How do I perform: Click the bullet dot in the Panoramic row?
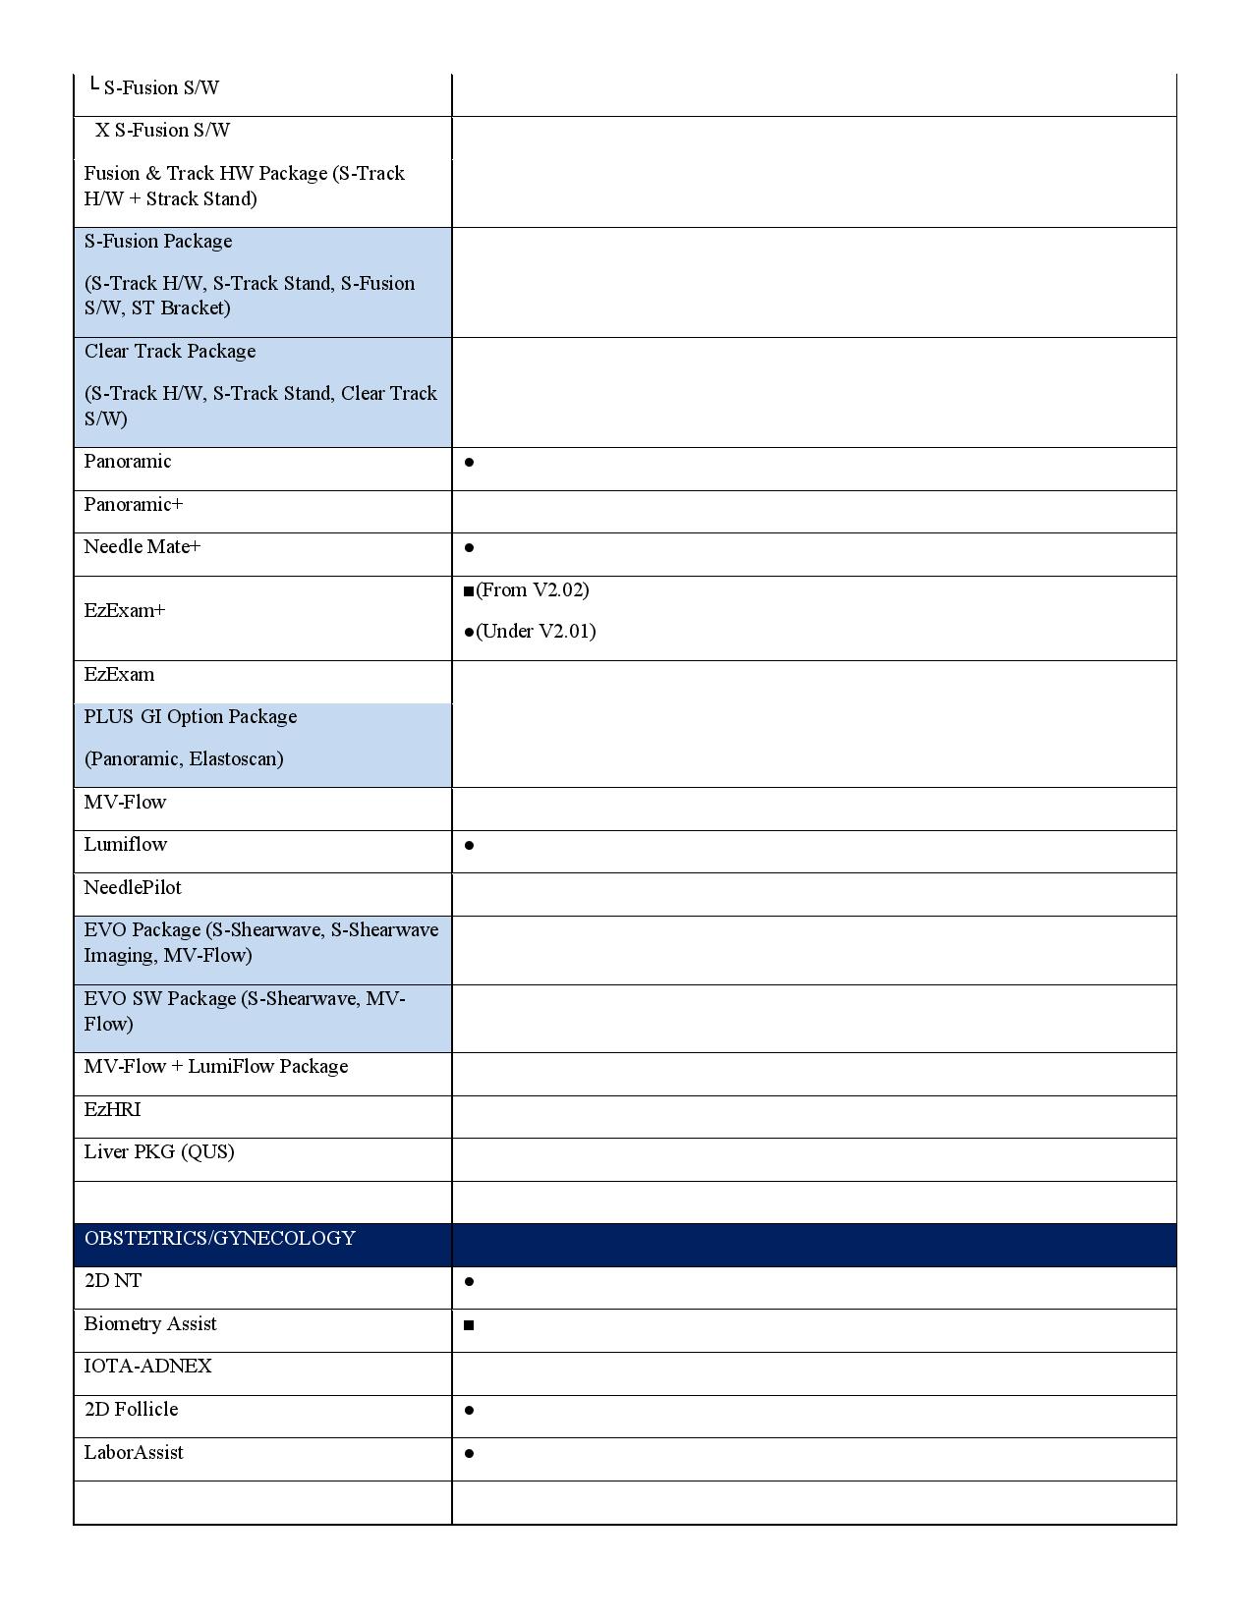[x=470, y=462]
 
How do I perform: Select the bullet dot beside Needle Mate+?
[x=470, y=548]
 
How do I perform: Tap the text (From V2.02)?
[x=532, y=590]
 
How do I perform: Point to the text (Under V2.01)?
[x=536, y=632]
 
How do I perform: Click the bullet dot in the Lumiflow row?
[x=470, y=845]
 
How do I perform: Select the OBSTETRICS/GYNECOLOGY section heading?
[x=219, y=1238]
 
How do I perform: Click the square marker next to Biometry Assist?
[x=469, y=1325]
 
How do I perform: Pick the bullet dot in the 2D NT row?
[x=470, y=1282]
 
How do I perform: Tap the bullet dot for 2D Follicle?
[x=470, y=1411]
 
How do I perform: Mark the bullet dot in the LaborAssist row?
[x=470, y=1454]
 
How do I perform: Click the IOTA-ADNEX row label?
[x=147, y=1367]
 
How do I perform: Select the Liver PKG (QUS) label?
[x=159, y=1152]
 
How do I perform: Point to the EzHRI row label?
[x=112, y=1110]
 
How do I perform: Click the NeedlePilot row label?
[x=133, y=888]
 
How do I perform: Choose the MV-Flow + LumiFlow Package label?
[x=216, y=1067]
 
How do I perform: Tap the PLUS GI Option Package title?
[x=191, y=717]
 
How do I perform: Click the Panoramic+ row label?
[x=134, y=505]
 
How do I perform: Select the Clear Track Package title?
[x=170, y=352]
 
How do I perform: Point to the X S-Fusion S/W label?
[x=163, y=131]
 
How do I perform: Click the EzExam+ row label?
[x=125, y=611]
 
